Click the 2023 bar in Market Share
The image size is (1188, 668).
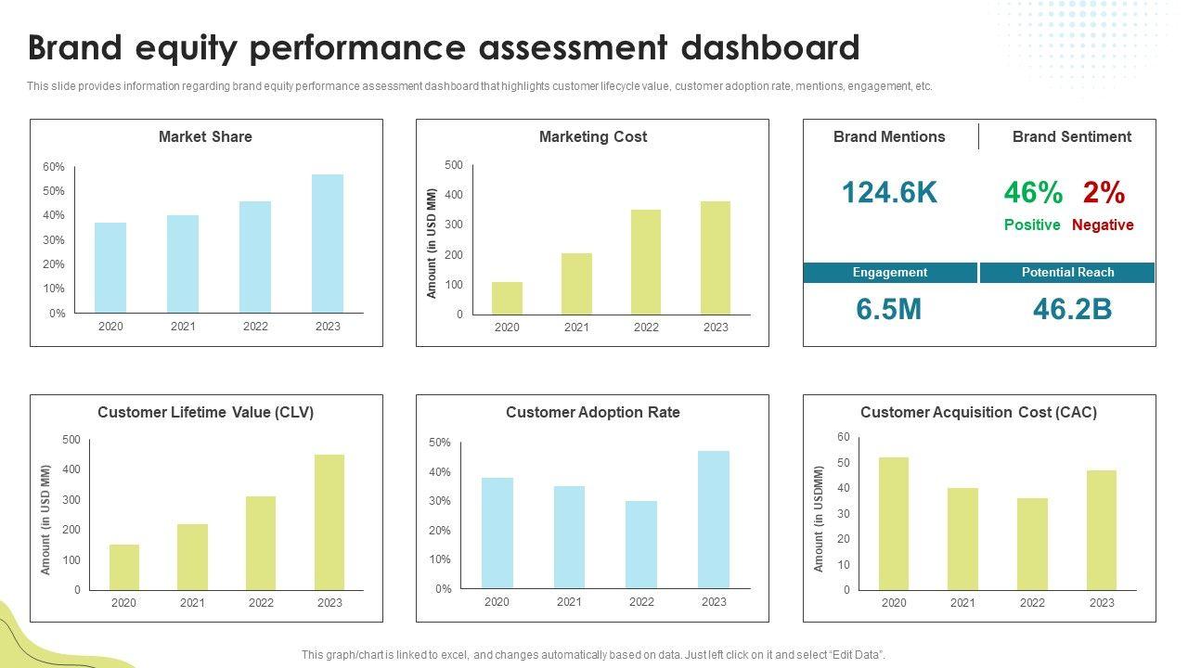328,243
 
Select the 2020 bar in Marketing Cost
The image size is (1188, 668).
507,298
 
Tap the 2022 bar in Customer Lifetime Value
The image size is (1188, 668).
261,543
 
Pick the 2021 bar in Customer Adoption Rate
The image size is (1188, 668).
569,537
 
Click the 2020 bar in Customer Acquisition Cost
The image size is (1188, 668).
894,523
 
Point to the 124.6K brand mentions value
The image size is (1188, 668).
889,193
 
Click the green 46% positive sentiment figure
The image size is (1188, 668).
1033,193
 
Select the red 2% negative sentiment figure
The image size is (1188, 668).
1104,193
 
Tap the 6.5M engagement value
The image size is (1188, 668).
889,309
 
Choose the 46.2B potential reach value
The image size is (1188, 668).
1072,309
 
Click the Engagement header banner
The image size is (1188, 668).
890,273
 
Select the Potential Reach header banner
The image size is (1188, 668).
1067,273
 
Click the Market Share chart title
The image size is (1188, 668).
205,136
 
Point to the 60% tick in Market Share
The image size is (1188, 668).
54,167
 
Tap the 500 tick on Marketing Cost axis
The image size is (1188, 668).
453,165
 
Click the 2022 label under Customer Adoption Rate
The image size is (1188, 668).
641,602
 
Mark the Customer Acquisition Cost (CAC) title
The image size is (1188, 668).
978,412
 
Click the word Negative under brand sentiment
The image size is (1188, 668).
1103,225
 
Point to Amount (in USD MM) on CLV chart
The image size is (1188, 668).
45,520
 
